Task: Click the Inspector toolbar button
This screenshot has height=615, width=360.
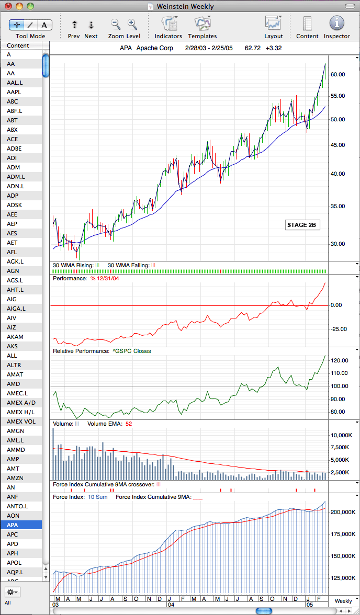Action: coord(336,24)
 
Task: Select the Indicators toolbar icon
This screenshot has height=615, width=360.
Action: coord(168,24)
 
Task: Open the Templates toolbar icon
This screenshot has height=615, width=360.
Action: coord(202,24)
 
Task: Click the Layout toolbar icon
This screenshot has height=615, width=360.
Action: coord(273,24)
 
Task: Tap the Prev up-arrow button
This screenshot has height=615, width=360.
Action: coord(74,25)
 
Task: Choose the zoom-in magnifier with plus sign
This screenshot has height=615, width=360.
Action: coord(132,24)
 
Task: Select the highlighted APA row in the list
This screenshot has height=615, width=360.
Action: coord(21,525)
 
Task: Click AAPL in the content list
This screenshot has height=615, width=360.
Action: coord(14,92)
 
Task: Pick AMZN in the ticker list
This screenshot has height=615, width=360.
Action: coord(15,478)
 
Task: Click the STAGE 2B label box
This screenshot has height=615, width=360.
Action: coord(301,225)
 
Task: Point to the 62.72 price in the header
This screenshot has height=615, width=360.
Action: coord(252,49)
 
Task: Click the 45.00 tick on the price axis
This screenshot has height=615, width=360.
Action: coord(338,145)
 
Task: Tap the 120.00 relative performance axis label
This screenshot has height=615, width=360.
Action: coord(340,360)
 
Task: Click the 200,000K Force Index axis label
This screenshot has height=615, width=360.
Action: coord(342,512)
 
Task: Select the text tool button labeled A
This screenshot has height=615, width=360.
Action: coord(44,25)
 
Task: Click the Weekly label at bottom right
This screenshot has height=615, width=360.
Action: coord(343,601)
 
